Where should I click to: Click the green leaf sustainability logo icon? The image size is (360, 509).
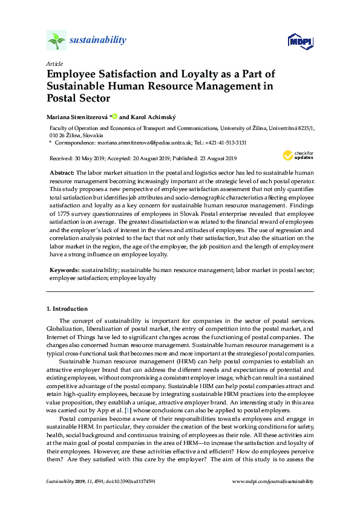56,41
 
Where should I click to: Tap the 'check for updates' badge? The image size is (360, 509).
299,156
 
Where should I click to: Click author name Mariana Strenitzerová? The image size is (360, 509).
79,116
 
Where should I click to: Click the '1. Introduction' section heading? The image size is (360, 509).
67,308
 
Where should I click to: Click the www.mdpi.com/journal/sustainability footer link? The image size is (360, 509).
273,481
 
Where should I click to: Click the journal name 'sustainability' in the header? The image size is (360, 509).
98,41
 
